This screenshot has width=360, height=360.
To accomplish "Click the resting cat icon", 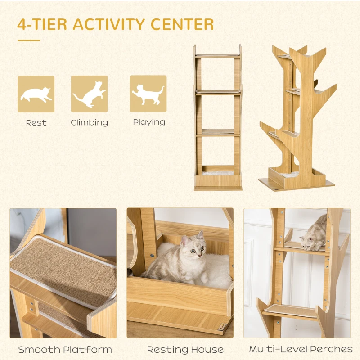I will point(36,94).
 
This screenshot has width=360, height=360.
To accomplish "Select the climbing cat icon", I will point(90,94).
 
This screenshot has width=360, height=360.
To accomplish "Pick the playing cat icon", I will point(148,94).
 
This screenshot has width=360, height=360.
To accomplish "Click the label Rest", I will point(36,122).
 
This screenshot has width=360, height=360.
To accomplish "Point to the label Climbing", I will point(90,122).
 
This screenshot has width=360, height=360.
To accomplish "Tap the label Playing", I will point(149,122).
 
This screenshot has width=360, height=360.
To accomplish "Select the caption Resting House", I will point(185,349).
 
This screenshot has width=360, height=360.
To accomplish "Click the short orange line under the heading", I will point(29,40).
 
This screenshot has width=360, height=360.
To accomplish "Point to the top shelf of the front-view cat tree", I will point(218,55).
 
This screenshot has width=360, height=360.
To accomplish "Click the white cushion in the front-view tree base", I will point(218,173).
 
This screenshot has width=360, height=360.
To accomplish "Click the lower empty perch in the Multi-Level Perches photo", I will point(291,310).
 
